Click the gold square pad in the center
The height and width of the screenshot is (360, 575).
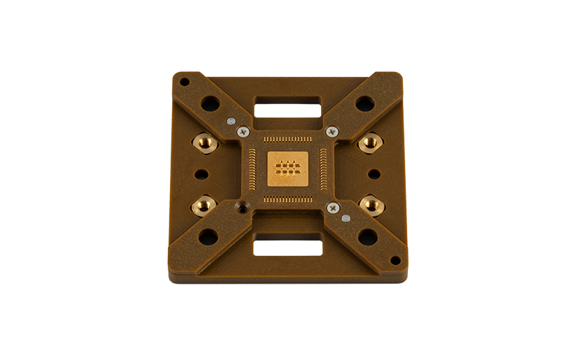[x=287, y=168]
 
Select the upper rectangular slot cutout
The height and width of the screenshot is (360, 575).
[x=287, y=110]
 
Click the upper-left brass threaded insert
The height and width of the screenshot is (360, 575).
[x=206, y=143]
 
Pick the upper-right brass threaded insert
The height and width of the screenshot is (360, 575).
[x=369, y=143]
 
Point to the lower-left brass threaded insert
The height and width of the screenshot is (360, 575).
[x=204, y=206]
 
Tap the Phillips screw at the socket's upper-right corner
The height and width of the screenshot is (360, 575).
[x=332, y=131]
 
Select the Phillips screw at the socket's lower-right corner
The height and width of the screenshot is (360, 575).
[x=332, y=207]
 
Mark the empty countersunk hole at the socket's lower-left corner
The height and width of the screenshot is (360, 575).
[x=243, y=208]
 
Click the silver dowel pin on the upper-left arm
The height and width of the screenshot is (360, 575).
[x=230, y=120]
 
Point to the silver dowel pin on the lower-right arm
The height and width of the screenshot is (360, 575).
[x=346, y=218]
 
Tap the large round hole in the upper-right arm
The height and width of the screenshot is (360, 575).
[x=364, y=104]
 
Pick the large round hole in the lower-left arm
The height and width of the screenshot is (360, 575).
[x=208, y=237]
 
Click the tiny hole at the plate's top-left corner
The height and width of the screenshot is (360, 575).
[x=185, y=82]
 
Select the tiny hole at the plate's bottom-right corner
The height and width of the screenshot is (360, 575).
[x=395, y=261]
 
